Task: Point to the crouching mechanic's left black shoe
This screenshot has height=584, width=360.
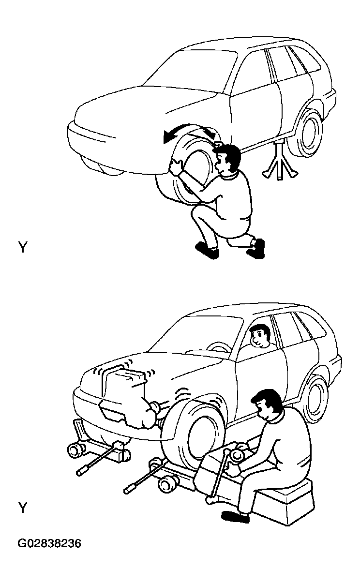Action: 208,250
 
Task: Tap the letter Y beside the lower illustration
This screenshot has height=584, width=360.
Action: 23,508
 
